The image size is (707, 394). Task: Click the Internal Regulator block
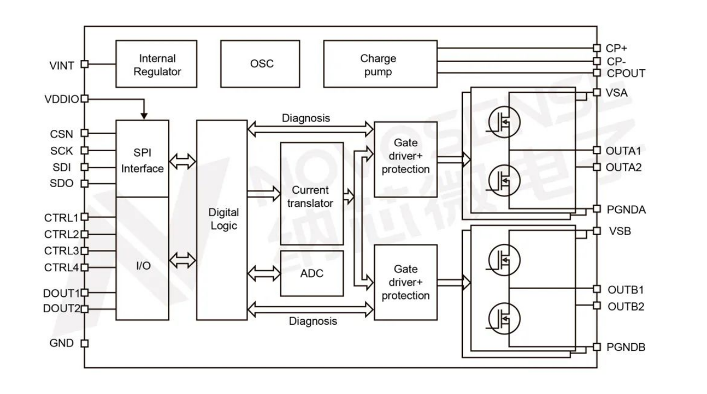click(x=157, y=63)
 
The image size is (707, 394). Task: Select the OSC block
click(x=262, y=63)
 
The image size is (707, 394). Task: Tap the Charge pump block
click(x=380, y=63)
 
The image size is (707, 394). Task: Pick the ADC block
click(x=311, y=273)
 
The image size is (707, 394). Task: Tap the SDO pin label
click(x=62, y=183)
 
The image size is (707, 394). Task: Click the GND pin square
click(x=84, y=344)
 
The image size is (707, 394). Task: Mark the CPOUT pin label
click(x=626, y=73)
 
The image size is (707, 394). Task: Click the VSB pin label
click(x=620, y=231)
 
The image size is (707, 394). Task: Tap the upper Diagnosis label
click(x=306, y=118)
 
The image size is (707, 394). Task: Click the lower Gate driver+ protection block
click(x=405, y=282)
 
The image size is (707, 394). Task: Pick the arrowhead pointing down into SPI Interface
click(x=144, y=116)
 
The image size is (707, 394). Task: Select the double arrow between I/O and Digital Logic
click(x=182, y=260)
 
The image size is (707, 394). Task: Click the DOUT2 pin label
click(x=62, y=309)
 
